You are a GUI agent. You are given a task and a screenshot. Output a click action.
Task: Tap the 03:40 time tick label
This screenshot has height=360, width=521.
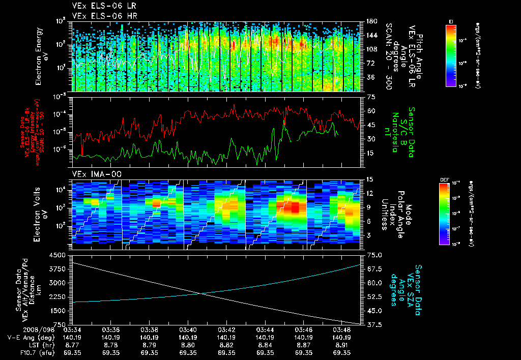[188, 329]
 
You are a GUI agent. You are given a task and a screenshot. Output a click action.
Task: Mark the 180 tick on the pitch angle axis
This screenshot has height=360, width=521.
[370, 21]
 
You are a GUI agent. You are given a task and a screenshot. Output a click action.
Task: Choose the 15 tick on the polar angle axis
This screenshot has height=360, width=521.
[370, 179]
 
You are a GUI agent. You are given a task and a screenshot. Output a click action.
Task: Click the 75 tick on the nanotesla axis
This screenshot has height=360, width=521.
[370, 97]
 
